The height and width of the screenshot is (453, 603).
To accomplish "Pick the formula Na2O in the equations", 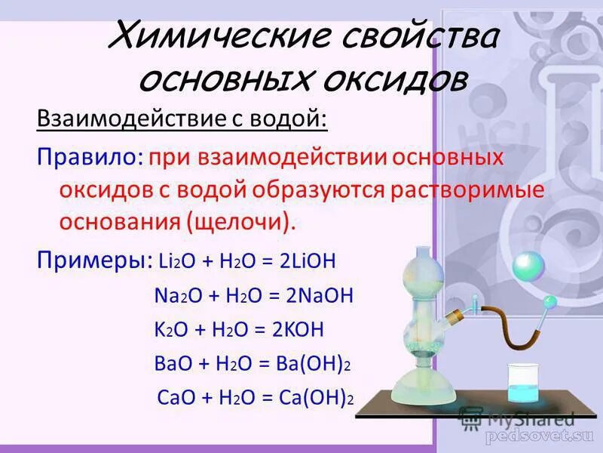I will coord(169,296).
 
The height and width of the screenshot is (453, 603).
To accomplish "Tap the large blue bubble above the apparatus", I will coord(528,266).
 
